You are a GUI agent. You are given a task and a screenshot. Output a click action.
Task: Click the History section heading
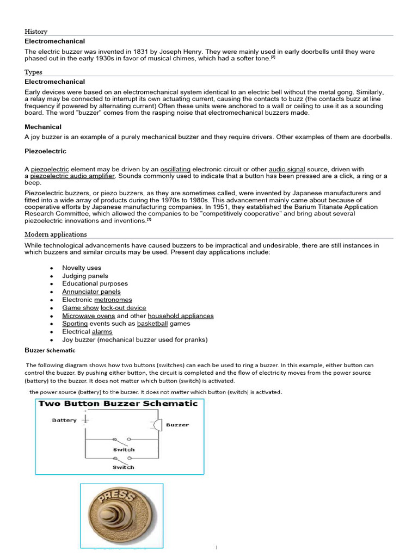coord(36,32)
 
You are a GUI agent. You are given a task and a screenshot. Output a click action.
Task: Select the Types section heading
coord(33,72)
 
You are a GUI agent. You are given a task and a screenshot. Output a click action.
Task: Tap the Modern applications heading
coord(56,234)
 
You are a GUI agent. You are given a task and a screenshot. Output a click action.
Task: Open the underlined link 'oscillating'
coord(175,170)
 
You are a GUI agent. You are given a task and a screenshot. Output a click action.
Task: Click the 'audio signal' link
coord(287,170)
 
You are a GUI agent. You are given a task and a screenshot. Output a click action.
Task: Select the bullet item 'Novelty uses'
coord(82,268)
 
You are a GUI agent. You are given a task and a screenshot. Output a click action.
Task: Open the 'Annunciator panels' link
coord(91,292)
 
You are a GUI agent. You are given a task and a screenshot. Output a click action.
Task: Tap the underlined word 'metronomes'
coord(113,300)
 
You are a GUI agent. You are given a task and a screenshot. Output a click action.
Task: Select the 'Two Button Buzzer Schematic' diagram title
coord(118,404)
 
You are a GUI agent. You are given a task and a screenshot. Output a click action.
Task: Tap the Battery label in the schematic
coord(64,420)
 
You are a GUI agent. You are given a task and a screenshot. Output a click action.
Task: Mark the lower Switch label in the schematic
coord(124,467)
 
